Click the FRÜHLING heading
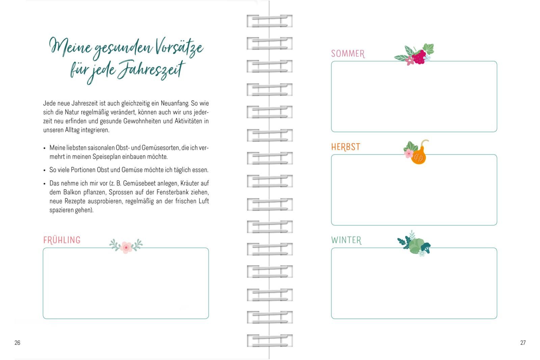pyautogui.click(x=62, y=240)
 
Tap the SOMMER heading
pyautogui.click(x=348, y=54)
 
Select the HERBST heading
pyautogui.click(x=346, y=147)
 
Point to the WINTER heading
pyautogui.click(x=346, y=240)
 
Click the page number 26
pyautogui.click(x=17, y=342)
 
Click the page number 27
pyautogui.click(x=523, y=342)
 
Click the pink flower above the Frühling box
pyautogui.click(x=126, y=247)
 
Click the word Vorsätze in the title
pyautogui.click(x=179, y=47)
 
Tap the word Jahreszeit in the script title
pyautogui.click(x=151, y=70)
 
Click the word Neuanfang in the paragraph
pyautogui.click(x=175, y=103)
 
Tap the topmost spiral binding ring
pyautogui.click(x=270, y=21)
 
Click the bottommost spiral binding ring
pyautogui.click(x=270, y=340)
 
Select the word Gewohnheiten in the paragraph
pyautogui.click(x=142, y=121)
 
